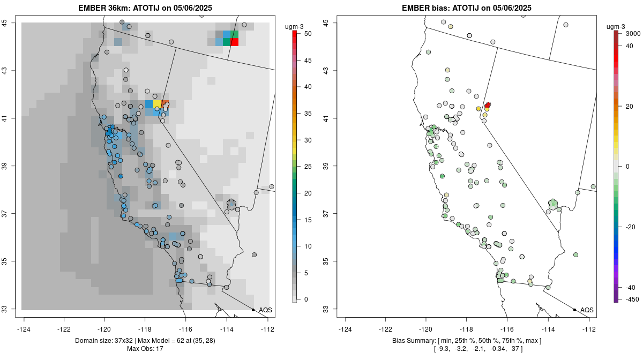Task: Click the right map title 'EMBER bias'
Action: [x=429, y=8]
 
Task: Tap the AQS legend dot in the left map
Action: [x=253, y=310]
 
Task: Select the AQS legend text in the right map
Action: [x=587, y=310]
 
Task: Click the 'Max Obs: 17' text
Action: [x=145, y=349]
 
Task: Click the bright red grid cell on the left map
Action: [x=234, y=42]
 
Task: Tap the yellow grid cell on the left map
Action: [x=157, y=104]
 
